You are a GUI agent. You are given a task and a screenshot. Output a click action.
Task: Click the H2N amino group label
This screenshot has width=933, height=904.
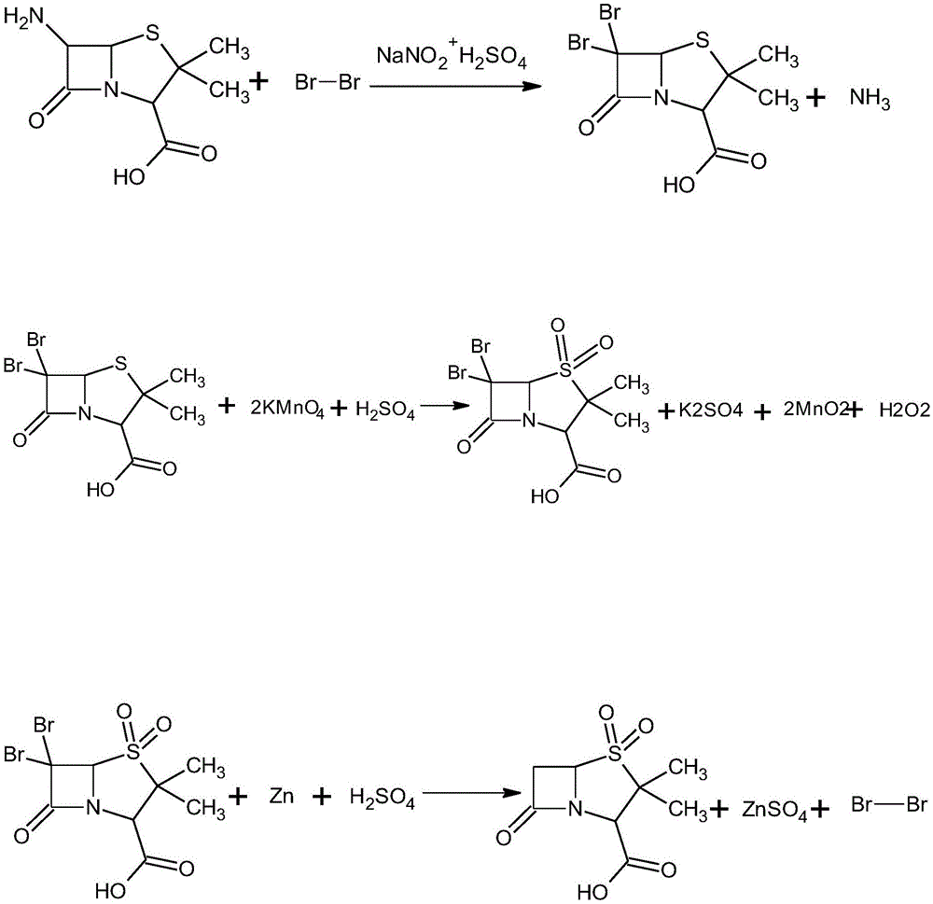pos(24,16)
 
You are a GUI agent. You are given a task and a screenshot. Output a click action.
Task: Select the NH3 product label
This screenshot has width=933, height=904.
pos(870,98)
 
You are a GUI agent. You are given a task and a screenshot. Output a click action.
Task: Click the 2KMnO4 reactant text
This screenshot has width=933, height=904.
pos(287,410)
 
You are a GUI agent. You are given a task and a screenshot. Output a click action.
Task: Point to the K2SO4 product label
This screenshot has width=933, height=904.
pos(710,410)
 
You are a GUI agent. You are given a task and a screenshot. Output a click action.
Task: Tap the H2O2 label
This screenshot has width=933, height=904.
pos(904,410)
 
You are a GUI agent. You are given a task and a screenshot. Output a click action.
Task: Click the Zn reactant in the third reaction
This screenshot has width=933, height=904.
pos(282,796)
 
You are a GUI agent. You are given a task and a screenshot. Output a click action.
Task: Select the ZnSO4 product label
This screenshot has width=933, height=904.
pos(774,811)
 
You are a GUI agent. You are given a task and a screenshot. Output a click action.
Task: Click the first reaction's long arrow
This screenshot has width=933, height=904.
pos(455,86)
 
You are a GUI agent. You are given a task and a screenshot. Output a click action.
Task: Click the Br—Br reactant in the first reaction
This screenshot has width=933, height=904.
pos(327,82)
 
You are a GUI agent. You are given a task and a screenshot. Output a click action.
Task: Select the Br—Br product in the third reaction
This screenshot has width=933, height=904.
pos(889,804)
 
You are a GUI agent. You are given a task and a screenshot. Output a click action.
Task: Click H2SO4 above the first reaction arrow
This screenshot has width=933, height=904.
pos(493,60)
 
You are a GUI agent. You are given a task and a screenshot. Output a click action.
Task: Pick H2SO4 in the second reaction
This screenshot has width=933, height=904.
pos(385,410)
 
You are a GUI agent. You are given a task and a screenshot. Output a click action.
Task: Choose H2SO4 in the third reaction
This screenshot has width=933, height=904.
pos(382,798)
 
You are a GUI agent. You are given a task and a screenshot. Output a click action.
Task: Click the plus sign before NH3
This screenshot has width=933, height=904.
pos(815,98)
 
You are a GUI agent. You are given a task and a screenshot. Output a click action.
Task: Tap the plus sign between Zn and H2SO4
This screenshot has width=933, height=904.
pos(321,797)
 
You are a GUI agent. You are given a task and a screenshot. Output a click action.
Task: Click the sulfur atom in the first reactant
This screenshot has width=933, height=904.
pos(153,34)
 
